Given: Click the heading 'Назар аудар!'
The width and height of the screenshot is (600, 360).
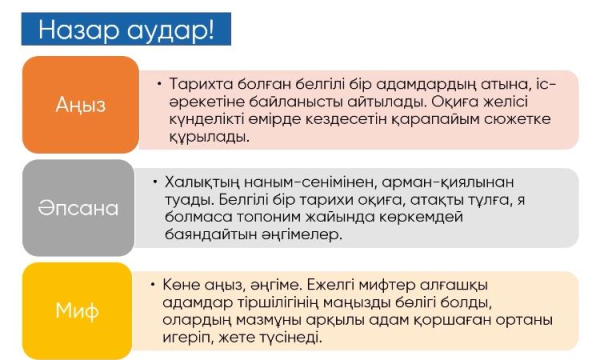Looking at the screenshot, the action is point(126,30).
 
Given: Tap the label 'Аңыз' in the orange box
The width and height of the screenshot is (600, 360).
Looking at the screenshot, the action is point(80,105).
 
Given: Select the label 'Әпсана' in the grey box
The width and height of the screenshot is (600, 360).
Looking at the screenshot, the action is point(78,208).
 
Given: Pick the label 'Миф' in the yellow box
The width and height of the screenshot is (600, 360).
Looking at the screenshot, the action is point(77,310).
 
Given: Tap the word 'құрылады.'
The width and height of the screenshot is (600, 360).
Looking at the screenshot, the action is point(209,137).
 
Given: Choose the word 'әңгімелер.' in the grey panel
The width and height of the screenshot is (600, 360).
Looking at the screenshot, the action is point(302,234).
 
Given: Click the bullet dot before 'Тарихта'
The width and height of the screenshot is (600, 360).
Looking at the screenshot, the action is point(159,84).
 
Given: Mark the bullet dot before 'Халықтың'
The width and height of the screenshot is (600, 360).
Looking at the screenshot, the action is point(155,182).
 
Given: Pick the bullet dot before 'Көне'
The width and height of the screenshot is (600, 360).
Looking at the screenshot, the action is point(153,285).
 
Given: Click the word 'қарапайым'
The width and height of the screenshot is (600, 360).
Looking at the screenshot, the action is point(435,120).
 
